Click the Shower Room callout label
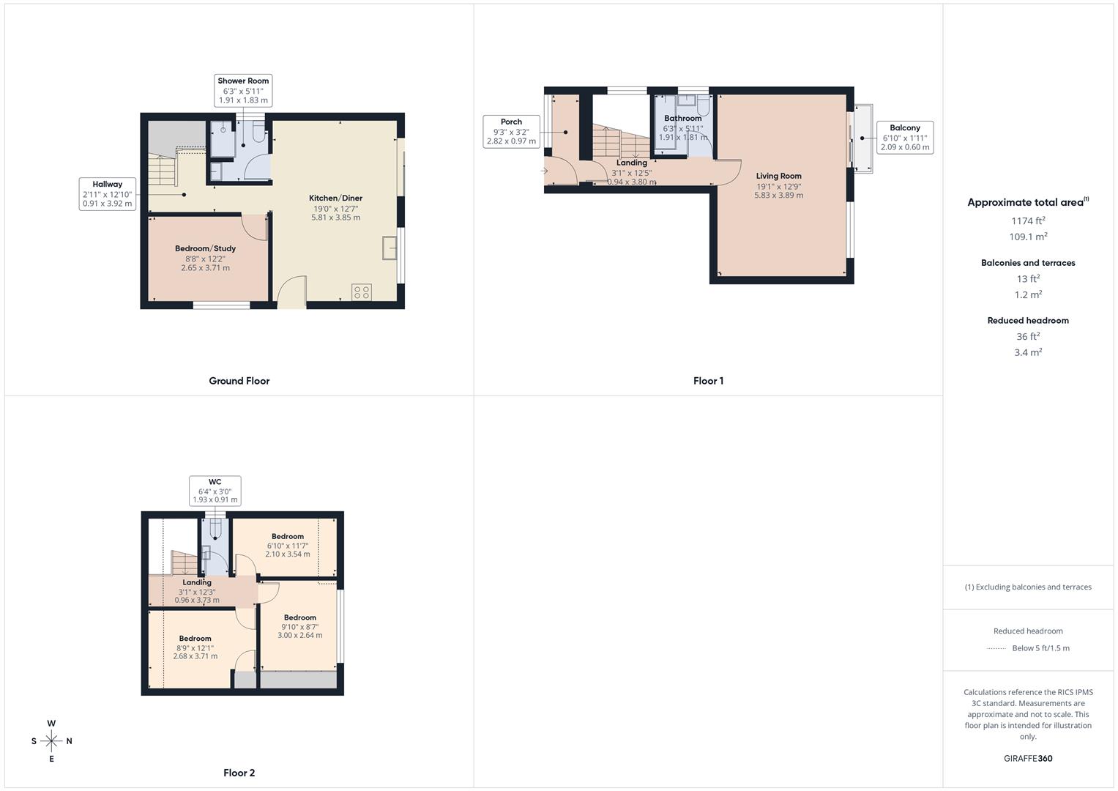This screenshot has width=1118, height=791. pos(243,90)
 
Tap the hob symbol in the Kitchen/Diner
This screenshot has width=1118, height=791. pos(362,292)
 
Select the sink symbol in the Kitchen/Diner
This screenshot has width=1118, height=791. pos(388,248)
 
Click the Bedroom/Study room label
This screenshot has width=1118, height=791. pos(205,258)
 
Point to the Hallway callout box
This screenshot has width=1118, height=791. pos(108,193)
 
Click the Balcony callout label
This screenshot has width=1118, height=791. pos(905,137)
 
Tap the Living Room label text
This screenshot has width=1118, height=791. pos(778,176)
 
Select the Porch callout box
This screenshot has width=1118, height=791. pos(511,131)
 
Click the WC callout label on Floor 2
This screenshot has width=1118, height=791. pos(215,491)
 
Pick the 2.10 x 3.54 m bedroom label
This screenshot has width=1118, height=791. pos(287,545)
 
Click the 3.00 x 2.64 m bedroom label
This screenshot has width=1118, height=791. pos(300,626)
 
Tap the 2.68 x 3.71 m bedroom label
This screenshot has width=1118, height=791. pos(195,647)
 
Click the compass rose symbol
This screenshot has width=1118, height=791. pos(51,741)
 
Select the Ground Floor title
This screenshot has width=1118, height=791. pos(239,381)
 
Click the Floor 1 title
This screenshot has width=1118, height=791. pos(708,381)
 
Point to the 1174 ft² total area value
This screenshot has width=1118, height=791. pos(1028,220)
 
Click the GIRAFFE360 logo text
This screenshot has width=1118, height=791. pos(1028,758)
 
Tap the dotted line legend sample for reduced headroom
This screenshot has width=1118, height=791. pos(996,648)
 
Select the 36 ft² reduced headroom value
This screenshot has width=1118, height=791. pos(1028,336)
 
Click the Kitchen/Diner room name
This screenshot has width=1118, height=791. pos(335,198)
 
